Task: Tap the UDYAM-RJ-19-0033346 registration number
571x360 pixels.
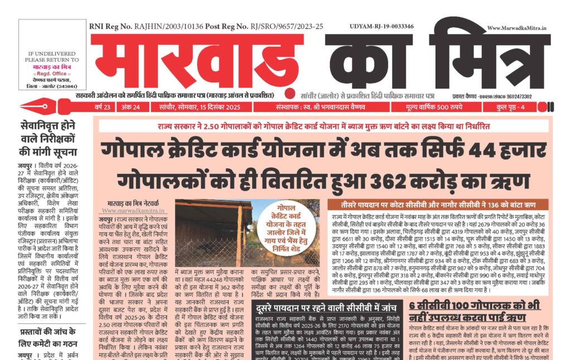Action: pos(381,26)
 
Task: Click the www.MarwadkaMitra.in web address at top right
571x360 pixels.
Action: pos(516,27)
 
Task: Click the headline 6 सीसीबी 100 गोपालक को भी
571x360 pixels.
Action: pos(474,305)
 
